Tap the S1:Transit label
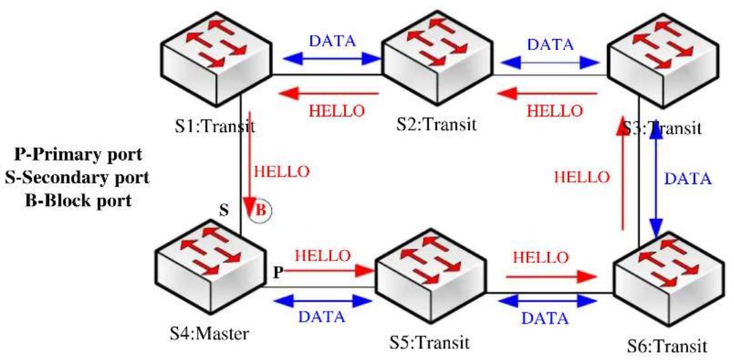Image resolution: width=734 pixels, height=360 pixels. point(210,127)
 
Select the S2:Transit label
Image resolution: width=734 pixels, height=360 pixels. point(436,125)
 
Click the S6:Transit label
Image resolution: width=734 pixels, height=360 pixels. point(667,348)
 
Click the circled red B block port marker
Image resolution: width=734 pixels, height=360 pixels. point(263,210)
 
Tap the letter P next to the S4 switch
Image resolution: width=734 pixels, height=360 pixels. point(278,273)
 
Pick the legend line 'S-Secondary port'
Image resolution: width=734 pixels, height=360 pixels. point(77,178)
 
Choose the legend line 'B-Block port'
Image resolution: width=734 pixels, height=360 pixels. point(77,201)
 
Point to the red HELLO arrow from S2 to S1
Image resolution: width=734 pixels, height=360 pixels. point(328,94)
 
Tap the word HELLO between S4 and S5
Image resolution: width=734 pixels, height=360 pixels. point(322,255)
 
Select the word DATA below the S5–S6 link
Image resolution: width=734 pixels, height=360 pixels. point(545,319)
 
